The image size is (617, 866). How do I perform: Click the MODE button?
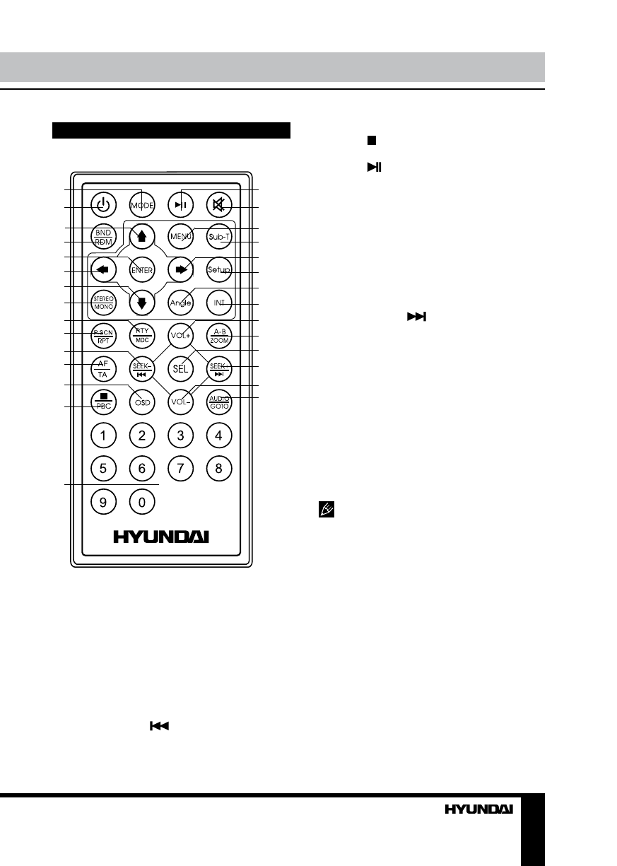[x=142, y=205]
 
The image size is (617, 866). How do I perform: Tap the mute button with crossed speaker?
[x=219, y=205]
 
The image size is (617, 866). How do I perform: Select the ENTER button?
[x=142, y=269]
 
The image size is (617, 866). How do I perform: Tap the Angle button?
[x=181, y=303]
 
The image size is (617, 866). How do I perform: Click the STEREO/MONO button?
[x=103, y=303]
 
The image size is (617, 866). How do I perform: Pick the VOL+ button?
[x=181, y=335]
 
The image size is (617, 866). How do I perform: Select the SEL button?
[x=181, y=368]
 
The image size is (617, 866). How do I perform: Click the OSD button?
[x=142, y=402]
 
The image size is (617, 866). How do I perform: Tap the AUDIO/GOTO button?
[x=219, y=402]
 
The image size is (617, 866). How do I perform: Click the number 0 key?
[x=142, y=503]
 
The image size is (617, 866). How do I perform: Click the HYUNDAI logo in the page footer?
[x=478, y=810]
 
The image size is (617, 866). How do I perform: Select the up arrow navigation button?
[x=142, y=238]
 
